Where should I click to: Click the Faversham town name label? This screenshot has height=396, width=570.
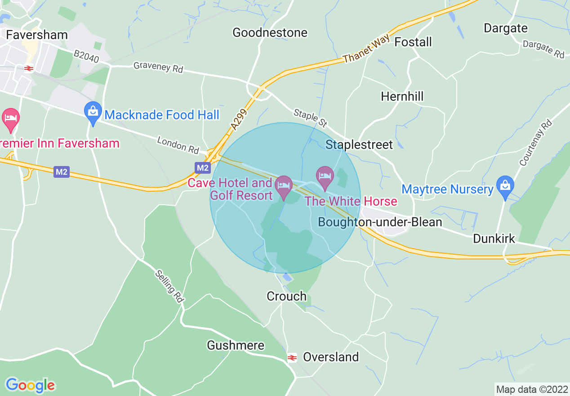(x=37, y=35)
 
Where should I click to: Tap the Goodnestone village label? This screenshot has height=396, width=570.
(x=270, y=32)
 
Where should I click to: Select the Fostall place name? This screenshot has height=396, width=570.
(x=413, y=42)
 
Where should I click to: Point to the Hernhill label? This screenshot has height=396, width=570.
(x=402, y=96)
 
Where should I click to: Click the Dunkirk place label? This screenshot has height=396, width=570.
(x=494, y=238)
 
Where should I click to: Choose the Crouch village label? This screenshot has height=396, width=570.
(x=286, y=296)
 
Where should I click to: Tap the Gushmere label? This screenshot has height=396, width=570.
(x=236, y=345)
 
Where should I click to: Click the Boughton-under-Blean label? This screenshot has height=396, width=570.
(x=380, y=222)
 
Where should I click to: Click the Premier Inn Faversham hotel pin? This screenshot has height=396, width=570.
(x=11, y=119)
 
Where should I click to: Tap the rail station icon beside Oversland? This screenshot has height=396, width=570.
(x=292, y=358)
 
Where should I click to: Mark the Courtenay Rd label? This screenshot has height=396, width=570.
(x=534, y=143)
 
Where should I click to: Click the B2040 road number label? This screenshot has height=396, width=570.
(x=85, y=56)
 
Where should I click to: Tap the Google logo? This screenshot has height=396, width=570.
(x=30, y=385)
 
